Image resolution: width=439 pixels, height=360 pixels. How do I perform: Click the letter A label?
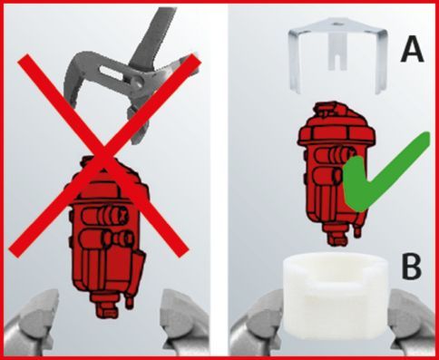tap(413, 51)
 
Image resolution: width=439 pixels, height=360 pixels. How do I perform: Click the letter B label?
tap(412, 268)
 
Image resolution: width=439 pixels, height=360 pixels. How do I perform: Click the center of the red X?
tap(103, 155)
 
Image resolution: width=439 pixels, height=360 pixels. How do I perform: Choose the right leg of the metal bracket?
tap(381, 63)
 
